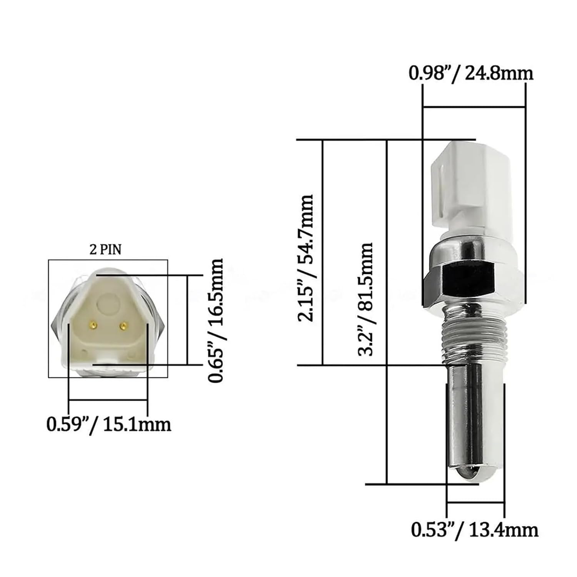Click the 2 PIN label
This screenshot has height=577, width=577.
(x=105, y=250)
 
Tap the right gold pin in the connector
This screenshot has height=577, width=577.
(x=123, y=326)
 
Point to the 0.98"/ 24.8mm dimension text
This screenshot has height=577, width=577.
(x=471, y=73)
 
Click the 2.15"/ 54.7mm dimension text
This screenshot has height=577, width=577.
(x=306, y=258)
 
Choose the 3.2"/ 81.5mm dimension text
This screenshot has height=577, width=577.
(x=365, y=299)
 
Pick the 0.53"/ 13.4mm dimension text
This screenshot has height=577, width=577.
(x=474, y=530)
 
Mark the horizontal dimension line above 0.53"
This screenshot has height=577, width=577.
(x=475, y=502)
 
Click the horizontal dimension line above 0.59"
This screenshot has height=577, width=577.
(x=108, y=401)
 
